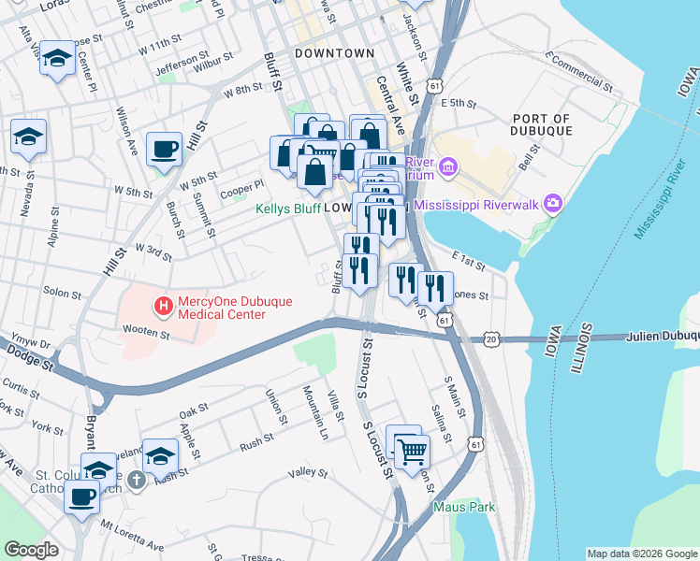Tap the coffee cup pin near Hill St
pos(165,149)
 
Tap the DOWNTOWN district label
pos(334,53)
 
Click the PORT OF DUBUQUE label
pos(542,124)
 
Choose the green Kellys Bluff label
pos(288,208)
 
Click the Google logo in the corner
pos(31,550)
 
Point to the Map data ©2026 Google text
pos(641,554)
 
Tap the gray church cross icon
pos(137,481)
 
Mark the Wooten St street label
pos(144,330)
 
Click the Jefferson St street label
pos(178,66)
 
